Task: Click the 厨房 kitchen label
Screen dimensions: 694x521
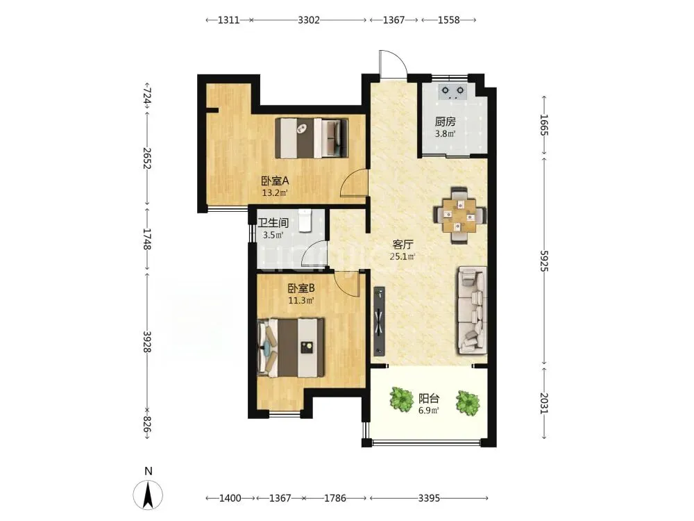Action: (446, 122)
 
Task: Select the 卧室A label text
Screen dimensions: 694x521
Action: (275, 181)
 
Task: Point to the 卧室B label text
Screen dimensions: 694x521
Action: (301, 288)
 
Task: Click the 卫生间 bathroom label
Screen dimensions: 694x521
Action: (273, 222)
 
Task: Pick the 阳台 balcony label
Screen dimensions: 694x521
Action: (429, 398)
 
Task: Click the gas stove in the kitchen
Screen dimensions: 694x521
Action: (452, 92)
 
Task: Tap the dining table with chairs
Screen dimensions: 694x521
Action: (459, 216)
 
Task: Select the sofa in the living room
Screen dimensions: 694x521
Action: (473, 310)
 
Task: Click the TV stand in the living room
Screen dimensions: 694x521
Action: (380, 322)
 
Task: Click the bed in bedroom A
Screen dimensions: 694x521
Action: (312, 138)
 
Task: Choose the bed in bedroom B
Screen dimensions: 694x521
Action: (291, 348)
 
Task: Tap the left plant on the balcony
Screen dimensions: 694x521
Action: (402, 398)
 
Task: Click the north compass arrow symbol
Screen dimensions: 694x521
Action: (149, 495)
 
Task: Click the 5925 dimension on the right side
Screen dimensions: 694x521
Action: (544, 261)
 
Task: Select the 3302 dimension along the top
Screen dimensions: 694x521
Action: (309, 20)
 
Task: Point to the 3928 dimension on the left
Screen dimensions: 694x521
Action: (147, 342)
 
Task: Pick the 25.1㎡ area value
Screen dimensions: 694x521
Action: (403, 256)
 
